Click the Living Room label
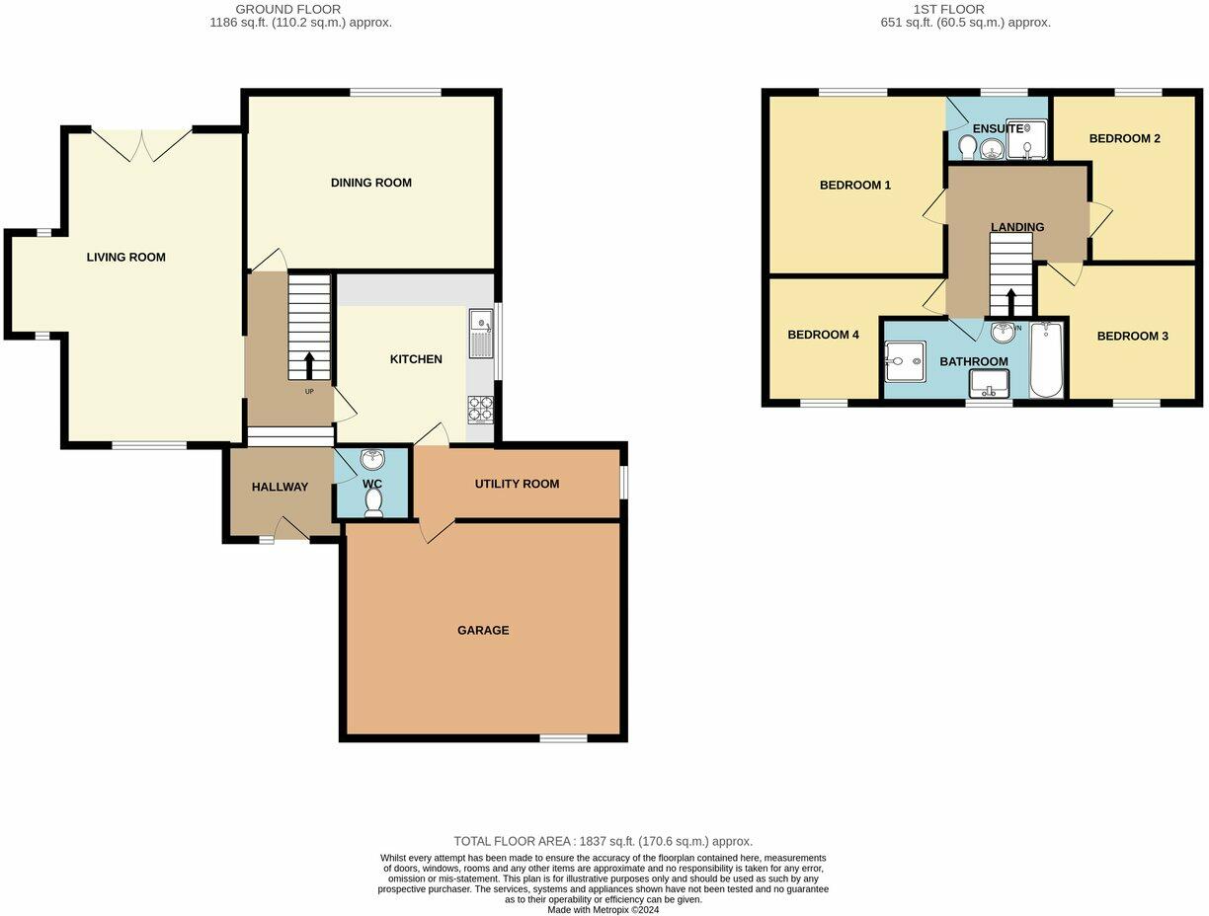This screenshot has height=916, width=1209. [125, 258]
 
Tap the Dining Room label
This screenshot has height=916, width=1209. [371, 183]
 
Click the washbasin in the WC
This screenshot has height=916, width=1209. [373, 459]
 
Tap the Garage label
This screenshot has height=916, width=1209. [483, 630]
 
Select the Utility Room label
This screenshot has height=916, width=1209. [517, 484]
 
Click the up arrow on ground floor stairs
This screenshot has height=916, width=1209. [309, 366]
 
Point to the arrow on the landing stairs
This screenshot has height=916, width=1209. [1010, 302]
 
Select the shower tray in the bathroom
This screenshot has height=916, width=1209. [903, 361]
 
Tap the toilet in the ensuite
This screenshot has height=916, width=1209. [968, 147]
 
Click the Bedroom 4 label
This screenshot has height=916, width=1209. [823, 335]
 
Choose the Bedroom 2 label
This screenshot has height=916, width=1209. [1124, 138]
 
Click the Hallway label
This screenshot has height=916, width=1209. [280, 487]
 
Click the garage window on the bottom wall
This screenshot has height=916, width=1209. [563, 737]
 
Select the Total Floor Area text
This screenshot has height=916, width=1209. [603, 841]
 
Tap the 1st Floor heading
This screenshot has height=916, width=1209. [965, 9]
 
